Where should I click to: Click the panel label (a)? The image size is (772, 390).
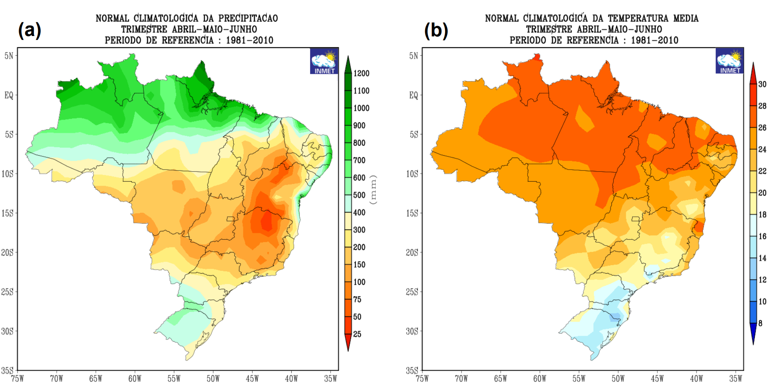[x=29, y=30]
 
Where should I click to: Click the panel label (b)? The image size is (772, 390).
[x=436, y=30]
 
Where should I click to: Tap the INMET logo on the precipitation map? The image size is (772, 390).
[x=324, y=61]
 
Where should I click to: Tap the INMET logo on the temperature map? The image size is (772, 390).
[x=729, y=61]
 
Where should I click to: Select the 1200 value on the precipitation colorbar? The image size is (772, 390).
[x=361, y=73]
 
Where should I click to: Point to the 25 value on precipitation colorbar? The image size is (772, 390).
[x=357, y=334]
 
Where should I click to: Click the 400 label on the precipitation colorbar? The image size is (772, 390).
[x=359, y=212]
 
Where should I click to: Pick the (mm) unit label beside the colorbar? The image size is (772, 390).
[x=373, y=190]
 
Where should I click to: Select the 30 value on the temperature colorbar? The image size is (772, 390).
[x=762, y=84]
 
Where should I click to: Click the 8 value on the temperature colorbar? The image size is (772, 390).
[x=760, y=323]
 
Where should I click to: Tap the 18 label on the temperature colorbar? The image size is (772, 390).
[x=762, y=214]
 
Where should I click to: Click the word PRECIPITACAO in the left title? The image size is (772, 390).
[x=248, y=18]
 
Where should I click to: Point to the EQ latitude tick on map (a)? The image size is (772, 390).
[x=9, y=95]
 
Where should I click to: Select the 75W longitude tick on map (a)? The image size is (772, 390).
[x=18, y=378]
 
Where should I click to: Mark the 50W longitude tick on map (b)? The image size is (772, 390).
[x=618, y=378]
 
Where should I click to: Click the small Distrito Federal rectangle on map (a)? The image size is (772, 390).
[x=231, y=219]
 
